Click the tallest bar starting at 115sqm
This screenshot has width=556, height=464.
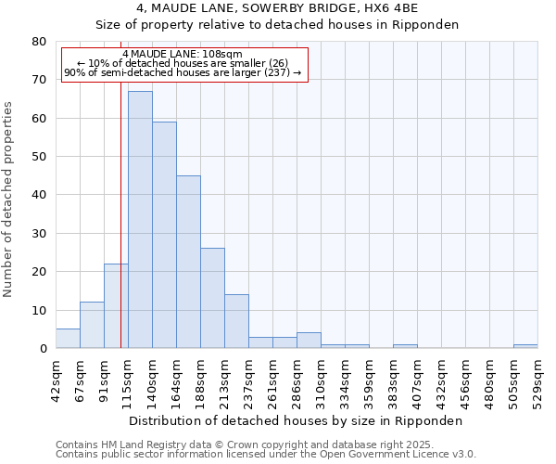click(140, 220)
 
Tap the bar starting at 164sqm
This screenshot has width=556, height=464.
click(188, 262)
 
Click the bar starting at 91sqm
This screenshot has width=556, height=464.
click(116, 306)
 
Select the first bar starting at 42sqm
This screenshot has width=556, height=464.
click(68, 339)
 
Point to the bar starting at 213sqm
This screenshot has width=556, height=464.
click(236, 321)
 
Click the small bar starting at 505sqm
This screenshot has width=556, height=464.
click(525, 346)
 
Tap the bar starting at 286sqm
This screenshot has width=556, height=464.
click(309, 341)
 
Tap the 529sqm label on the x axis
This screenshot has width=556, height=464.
click(538, 380)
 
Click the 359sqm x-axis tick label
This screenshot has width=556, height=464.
click(370, 380)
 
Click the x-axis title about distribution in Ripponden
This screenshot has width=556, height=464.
click(296, 420)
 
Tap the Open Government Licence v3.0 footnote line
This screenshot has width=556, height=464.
click(266, 455)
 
